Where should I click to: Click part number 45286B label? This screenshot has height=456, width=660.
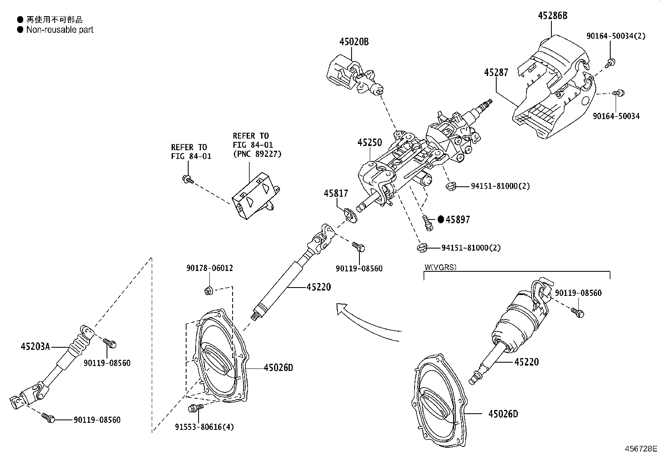(552, 16)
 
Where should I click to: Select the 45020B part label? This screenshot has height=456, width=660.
(354, 41)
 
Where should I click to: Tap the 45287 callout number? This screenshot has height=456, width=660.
(496, 73)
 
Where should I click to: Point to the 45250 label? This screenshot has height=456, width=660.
(369, 142)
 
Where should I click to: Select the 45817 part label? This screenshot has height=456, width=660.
(336, 193)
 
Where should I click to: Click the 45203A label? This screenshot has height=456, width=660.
(35, 346)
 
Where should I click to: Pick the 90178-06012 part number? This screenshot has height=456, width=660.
(209, 268)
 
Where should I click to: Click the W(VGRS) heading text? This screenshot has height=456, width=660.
(440, 267)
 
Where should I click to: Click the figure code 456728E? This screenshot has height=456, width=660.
(641, 449)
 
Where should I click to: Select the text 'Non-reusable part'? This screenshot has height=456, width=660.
(60, 30)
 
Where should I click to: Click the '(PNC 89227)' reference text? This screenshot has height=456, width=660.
(257, 154)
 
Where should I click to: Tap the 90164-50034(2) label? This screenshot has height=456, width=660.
(616, 36)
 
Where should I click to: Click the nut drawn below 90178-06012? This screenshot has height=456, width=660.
(209, 290)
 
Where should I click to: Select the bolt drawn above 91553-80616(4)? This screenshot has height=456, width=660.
(195, 408)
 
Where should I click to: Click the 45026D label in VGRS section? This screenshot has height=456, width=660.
(503, 414)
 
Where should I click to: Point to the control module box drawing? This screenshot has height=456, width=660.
(255, 198)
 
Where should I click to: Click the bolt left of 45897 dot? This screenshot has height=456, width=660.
(427, 222)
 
